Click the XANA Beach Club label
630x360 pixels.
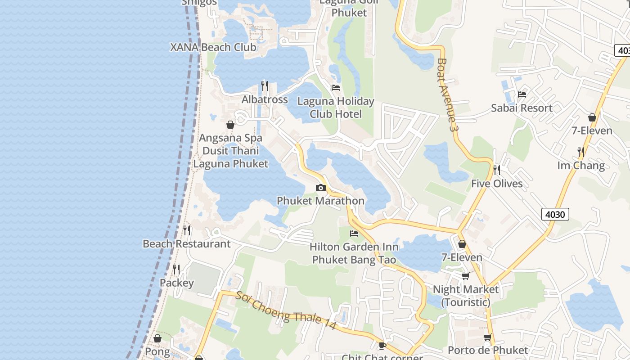(x=213, y=47)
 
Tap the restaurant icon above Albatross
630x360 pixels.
(x=265, y=85)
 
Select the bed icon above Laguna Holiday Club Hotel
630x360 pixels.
(x=336, y=87)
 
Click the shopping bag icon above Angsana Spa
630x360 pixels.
(x=230, y=125)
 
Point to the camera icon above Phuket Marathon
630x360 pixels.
(x=320, y=188)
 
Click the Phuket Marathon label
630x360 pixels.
(x=320, y=201)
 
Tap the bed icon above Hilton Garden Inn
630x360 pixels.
(x=354, y=234)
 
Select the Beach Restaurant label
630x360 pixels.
(x=186, y=244)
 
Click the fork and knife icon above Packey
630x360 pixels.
(x=176, y=270)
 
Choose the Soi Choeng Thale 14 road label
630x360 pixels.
(x=286, y=310)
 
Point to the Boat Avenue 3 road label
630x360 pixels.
(x=448, y=94)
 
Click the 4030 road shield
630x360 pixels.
(x=555, y=214)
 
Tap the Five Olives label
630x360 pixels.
(x=497, y=184)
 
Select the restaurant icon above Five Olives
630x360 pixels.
(x=497, y=170)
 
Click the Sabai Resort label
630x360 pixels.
(x=522, y=108)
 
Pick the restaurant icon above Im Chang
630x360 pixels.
(x=581, y=152)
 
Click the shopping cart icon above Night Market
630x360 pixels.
(x=465, y=276)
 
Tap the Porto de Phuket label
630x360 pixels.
(x=488, y=350)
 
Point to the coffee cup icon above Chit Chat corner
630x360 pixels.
(x=382, y=346)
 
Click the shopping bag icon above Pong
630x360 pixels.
(x=157, y=338)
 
